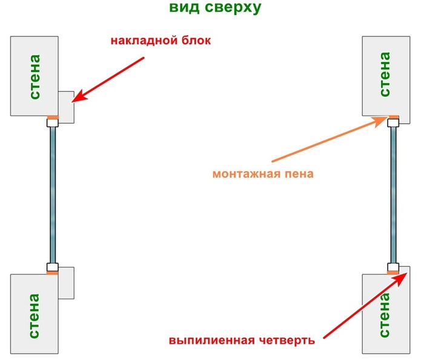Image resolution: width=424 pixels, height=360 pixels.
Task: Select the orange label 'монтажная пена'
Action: pyautogui.click(x=263, y=173)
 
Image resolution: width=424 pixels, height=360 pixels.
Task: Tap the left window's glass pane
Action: pyautogui.click(x=53, y=194)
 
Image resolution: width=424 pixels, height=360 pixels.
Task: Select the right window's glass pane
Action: pyautogui.click(x=394, y=194)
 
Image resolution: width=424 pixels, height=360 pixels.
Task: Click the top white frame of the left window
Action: pyautogui.click(x=53, y=123)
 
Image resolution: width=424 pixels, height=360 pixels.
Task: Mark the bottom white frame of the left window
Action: pyautogui.click(x=53, y=267)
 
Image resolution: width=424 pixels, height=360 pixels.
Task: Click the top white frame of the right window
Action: pyautogui.click(x=394, y=123)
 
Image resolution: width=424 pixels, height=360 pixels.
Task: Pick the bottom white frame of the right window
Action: pyautogui.click(x=394, y=267)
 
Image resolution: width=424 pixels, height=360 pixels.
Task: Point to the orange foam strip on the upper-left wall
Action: pyautogui.click(x=53, y=117)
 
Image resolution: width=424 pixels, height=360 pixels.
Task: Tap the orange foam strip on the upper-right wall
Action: pyautogui.click(x=394, y=117)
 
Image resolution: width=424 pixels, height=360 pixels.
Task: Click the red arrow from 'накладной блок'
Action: pyautogui.click(x=109, y=78)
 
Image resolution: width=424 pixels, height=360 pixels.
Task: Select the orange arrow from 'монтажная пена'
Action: pyautogui.click(x=327, y=140)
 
